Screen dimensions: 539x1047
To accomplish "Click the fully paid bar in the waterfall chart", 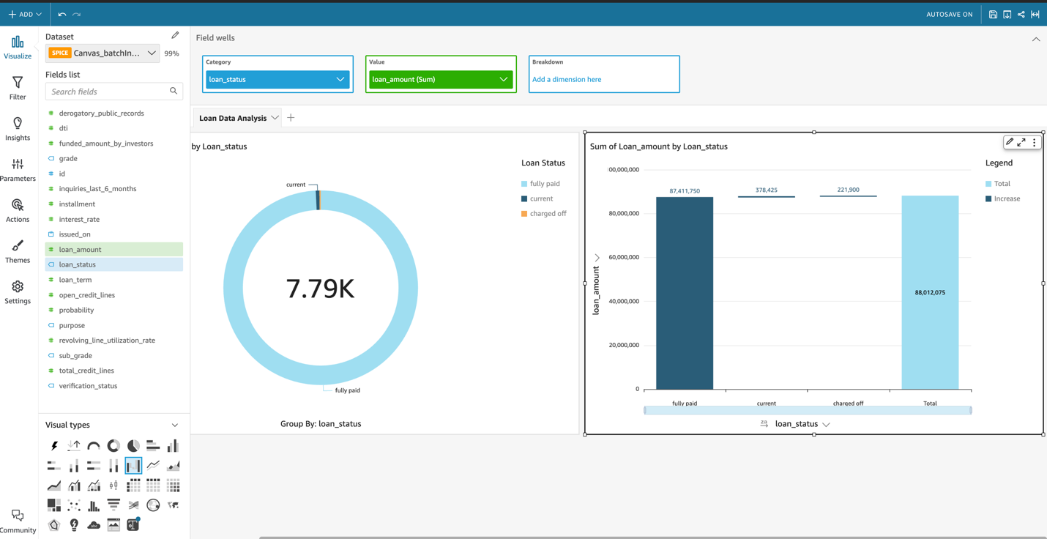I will click(684, 293).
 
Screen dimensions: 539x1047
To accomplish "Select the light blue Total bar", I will click(929, 293).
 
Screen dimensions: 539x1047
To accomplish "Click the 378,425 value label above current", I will click(766, 190).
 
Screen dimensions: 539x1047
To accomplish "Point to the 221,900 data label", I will click(848, 190).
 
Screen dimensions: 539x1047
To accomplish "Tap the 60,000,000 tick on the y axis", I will click(624, 257).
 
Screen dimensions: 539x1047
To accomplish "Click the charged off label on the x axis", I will click(848, 404).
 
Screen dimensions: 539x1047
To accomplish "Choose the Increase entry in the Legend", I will click(1007, 198).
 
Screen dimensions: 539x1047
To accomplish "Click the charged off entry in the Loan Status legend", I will click(548, 214).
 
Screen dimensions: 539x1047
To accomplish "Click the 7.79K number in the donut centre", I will click(320, 289).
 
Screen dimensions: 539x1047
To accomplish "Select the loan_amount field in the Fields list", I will click(81, 250).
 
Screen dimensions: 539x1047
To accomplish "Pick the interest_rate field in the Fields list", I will click(79, 219).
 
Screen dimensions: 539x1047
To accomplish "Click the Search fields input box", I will click(108, 92).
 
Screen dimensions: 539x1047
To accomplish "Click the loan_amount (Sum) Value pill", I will click(440, 79).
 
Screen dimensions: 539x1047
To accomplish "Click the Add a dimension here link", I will click(567, 79).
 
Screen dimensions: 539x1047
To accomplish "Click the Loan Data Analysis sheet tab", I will click(233, 118).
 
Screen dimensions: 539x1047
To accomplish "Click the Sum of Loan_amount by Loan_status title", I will click(659, 146).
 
